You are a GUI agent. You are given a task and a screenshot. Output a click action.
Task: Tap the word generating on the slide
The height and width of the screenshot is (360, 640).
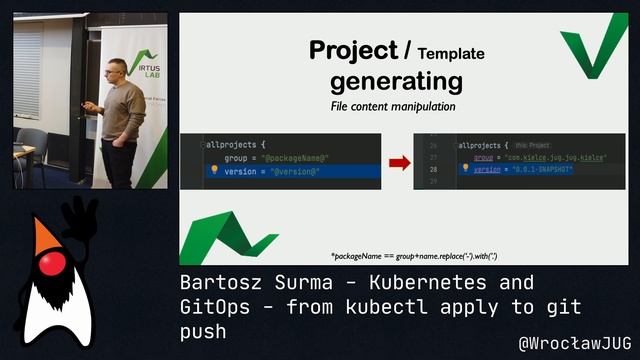(x=396, y=79)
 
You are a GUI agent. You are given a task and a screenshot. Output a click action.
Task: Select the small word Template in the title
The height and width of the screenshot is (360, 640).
(x=450, y=53)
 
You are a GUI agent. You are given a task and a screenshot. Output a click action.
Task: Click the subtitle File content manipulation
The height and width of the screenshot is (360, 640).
(x=393, y=106)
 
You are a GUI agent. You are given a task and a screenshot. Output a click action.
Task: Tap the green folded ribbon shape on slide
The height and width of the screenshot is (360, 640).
(x=221, y=238)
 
